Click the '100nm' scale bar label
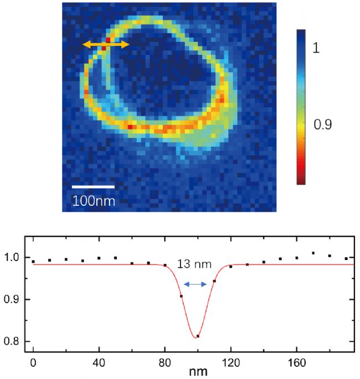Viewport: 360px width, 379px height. pyautogui.click(x=94, y=200)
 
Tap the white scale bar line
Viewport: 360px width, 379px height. pyautogui.click(x=94, y=187)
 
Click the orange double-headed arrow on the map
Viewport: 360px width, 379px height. pyautogui.click(x=106, y=44)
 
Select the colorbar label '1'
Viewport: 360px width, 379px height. pyautogui.click(x=316, y=49)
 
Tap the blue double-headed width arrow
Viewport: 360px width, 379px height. pyautogui.click(x=195, y=284)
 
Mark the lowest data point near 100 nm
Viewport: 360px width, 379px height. pyautogui.click(x=198, y=336)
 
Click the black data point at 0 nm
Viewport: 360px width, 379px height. pyautogui.click(x=33, y=261)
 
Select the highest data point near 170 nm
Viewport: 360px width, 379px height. pyautogui.click(x=313, y=253)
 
